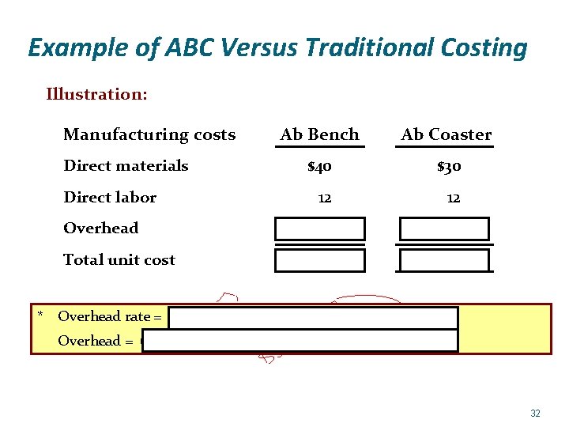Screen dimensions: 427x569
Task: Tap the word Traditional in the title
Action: click(371, 48)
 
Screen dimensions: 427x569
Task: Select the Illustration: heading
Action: click(96, 95)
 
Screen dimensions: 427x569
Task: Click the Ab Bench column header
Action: click(320, 134)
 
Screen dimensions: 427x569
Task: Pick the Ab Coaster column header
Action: click(446, 134)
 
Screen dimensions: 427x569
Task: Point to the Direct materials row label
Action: click(126, 165)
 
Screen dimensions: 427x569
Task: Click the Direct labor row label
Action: click(110, 197)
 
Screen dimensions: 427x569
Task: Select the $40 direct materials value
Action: click(319, 166)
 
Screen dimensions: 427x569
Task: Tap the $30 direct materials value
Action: click(449, 166)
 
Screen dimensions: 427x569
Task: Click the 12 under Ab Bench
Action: click(324, 198)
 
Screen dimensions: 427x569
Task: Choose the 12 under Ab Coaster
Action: click(453, 198)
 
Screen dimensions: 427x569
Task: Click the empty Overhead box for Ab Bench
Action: click(320, 229)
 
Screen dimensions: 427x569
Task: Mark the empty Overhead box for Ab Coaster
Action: click(444, 229)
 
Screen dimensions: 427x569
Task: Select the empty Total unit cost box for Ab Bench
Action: click(320, 260)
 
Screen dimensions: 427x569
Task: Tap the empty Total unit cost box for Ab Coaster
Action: click(444, 260)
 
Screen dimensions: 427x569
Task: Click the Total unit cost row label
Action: click(119, 259)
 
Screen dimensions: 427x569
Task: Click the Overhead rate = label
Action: click(110, 316)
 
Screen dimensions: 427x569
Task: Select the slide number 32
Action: click(535, 413)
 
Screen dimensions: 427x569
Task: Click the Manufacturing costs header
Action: click(149, 134)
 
